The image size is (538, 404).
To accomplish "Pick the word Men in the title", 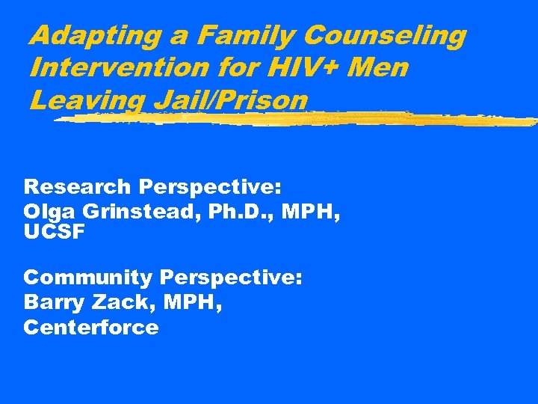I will coord(377,68).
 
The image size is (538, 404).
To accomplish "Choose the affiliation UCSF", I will coord(55,232).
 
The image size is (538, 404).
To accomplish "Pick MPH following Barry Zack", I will coord(190,303).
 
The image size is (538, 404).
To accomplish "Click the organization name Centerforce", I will coord(90,328).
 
